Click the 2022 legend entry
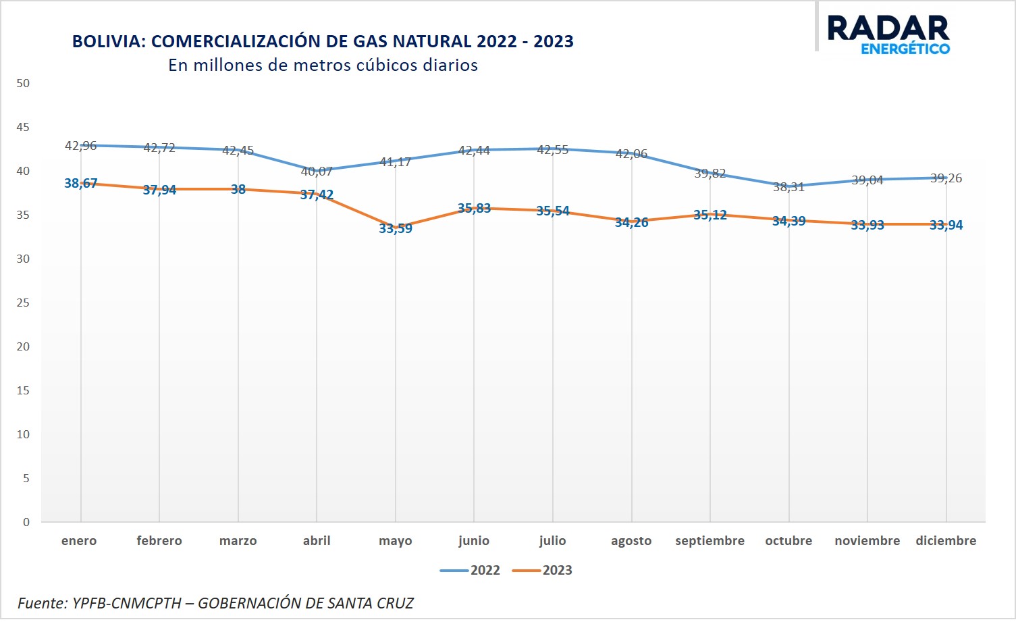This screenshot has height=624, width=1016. [470, 570]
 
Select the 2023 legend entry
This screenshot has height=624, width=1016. [542, 570]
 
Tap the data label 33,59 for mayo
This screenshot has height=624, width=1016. [396, 228]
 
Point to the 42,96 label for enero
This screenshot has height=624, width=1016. [81, 146]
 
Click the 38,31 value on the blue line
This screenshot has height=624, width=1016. [788, 186]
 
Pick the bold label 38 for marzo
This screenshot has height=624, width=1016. [238, 189]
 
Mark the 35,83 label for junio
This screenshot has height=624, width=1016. [474, 208]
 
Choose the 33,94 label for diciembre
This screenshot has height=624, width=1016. [946, 225]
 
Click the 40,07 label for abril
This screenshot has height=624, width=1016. [317, 171]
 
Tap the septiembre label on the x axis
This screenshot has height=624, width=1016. [710, 540]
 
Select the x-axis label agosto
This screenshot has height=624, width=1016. [631, 541]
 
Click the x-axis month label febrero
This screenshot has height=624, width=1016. [159, 540]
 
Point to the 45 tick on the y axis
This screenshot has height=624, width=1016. [23, 127]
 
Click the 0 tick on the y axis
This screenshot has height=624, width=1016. [26, 522]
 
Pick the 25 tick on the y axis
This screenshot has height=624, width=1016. [23, 303]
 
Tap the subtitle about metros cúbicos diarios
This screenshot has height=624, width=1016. [323, 65]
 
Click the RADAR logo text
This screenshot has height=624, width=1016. [888, 28]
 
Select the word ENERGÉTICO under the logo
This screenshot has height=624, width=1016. [905, 49]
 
